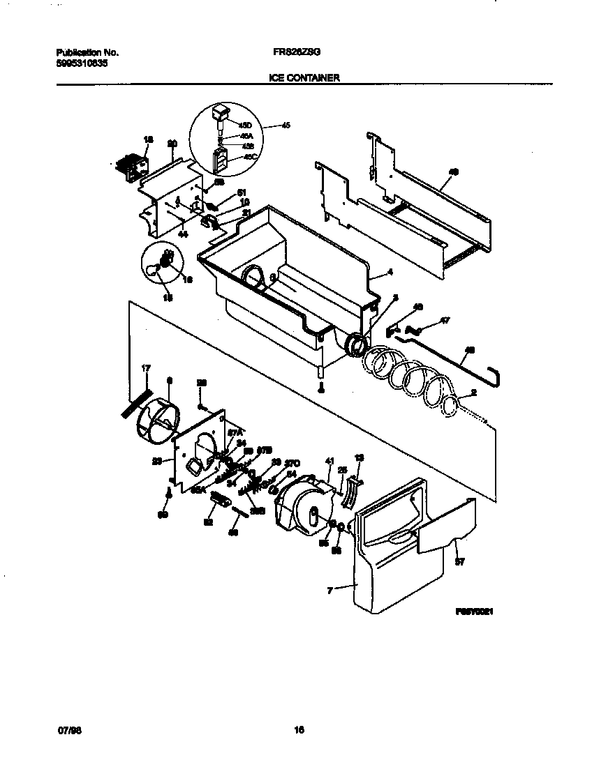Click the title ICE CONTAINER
(x=304, y=79)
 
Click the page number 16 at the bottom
(x=299, y=730)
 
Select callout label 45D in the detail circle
(x=245, y=126)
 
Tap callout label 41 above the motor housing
(x=329, y=460)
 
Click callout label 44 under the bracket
(x=183, y=236)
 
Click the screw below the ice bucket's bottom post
(x=320, y=390)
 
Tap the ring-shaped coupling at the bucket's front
(x=357, y=344)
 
